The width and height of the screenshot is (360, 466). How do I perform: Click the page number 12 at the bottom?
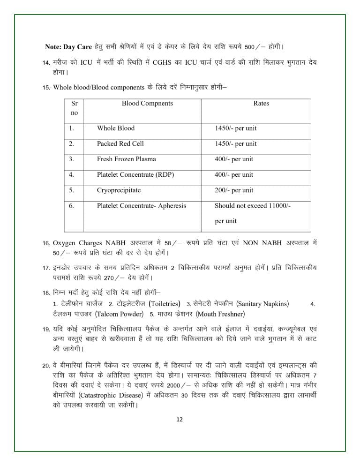(x=179, y=419)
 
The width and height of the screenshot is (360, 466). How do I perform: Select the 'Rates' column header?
(x=261, y=104)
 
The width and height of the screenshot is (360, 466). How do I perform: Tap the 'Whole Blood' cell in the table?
(x=116, y=128)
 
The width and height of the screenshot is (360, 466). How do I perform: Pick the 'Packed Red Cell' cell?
(x=120, y=143)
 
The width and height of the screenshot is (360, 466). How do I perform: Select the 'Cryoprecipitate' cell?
(x=119, y=190)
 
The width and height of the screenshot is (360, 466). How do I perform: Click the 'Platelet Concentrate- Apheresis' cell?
(x=142, y=205)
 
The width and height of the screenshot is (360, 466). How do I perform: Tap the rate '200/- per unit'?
(x=234, y=190)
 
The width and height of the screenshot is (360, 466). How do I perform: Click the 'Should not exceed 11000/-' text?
(x=253, y=205)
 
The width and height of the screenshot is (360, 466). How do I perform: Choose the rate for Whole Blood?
(x=236, y=128)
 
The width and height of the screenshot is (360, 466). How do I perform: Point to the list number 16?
(x=46, y=244)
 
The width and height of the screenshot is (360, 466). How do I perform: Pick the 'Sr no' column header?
(x=74, y=108)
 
